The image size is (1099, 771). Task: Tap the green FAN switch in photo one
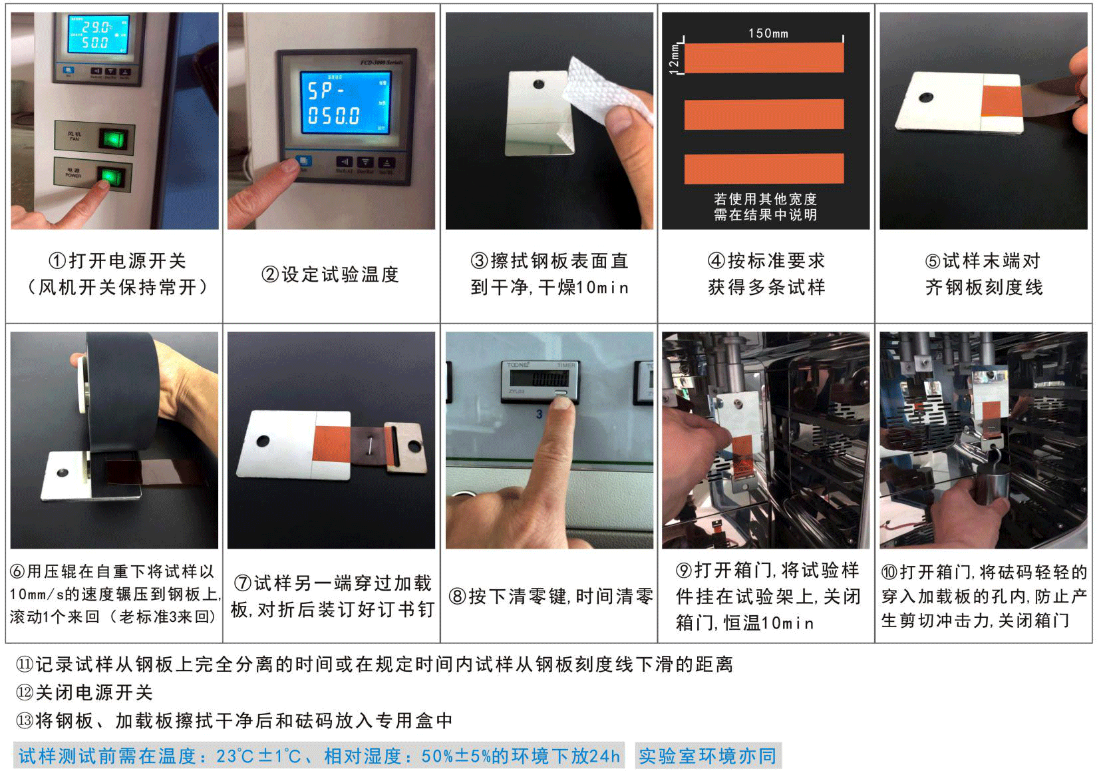(x=112, y=139)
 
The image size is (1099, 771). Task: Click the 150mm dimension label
(x=768, y=33)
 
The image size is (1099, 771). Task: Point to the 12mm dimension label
(x=674, y=58)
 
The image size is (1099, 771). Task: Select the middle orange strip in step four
(x=764, y=114)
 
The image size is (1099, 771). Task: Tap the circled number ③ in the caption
(x=479, y=261)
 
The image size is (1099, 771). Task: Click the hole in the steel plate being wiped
(x=538, y=85)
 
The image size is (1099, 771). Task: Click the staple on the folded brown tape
(x=368, y=442)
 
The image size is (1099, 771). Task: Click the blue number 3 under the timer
(x=540, y=414)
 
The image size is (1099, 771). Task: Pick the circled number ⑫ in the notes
(x=25, y=692)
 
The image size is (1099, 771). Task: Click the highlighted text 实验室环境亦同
(x=707, y=756)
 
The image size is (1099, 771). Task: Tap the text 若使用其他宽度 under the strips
(x=765, y=199)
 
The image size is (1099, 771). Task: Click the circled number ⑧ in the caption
(x=457, y=596)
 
